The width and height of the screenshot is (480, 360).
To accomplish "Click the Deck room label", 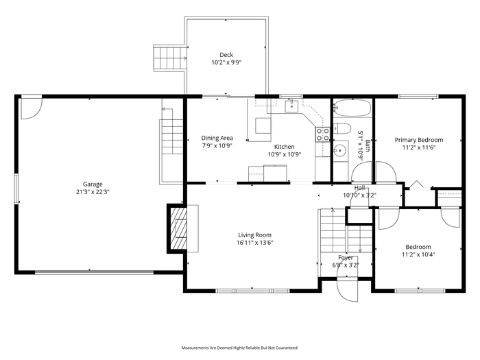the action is click(x=226, y=55).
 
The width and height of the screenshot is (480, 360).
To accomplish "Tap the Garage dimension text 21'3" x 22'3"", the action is click(x=93, y=192).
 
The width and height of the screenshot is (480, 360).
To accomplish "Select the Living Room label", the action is click(x=254, y=235).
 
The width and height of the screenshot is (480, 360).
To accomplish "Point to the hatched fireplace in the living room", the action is click(x=178, y=228).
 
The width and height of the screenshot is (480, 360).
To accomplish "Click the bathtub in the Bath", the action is click(x=352, y=108).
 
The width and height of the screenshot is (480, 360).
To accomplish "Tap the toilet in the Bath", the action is click(x=342, y=129).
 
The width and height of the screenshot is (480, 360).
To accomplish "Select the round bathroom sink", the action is click(x=339, y=150).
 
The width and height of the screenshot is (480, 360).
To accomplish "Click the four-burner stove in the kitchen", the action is click(x=323, y=134).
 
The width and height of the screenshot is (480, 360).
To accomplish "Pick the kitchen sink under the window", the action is click(x=291, y=106).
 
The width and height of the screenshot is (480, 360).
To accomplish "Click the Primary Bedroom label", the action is click(x=419, y=140).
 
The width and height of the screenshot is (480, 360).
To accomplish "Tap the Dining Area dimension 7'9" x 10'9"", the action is click(x=217, y=145).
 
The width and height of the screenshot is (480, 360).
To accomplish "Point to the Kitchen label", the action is click(x=285, y=147).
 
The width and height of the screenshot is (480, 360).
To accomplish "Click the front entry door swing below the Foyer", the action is click(x=347, y=289).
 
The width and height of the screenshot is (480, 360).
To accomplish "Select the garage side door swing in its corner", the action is click(x=32, y=108).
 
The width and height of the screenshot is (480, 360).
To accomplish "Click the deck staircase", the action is click(x=170, y=58).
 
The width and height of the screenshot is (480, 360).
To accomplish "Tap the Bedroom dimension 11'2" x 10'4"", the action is click(x=418, y=254).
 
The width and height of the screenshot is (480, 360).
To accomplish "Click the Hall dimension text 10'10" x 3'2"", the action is click(x=360, y=195).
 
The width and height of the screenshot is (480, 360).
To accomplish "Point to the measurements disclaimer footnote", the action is click(x=240, y=348).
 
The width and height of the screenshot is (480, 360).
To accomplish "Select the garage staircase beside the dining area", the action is click(x=171, y=137).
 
